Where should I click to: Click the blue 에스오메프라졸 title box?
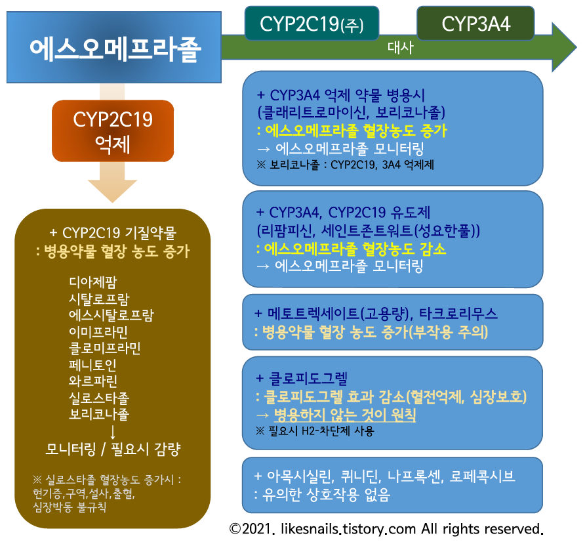[114, 48]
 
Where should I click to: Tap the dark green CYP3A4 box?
[475, 24]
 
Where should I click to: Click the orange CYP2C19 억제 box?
[113, 131]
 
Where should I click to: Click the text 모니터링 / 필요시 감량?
[113, 450]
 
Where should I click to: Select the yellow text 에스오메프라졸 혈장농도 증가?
[351, 131]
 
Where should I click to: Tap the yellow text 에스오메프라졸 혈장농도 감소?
[351, 249]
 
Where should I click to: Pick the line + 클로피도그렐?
[302, 379]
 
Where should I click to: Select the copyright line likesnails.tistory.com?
[386, 528]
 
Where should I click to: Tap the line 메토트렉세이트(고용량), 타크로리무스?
[376, 313]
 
